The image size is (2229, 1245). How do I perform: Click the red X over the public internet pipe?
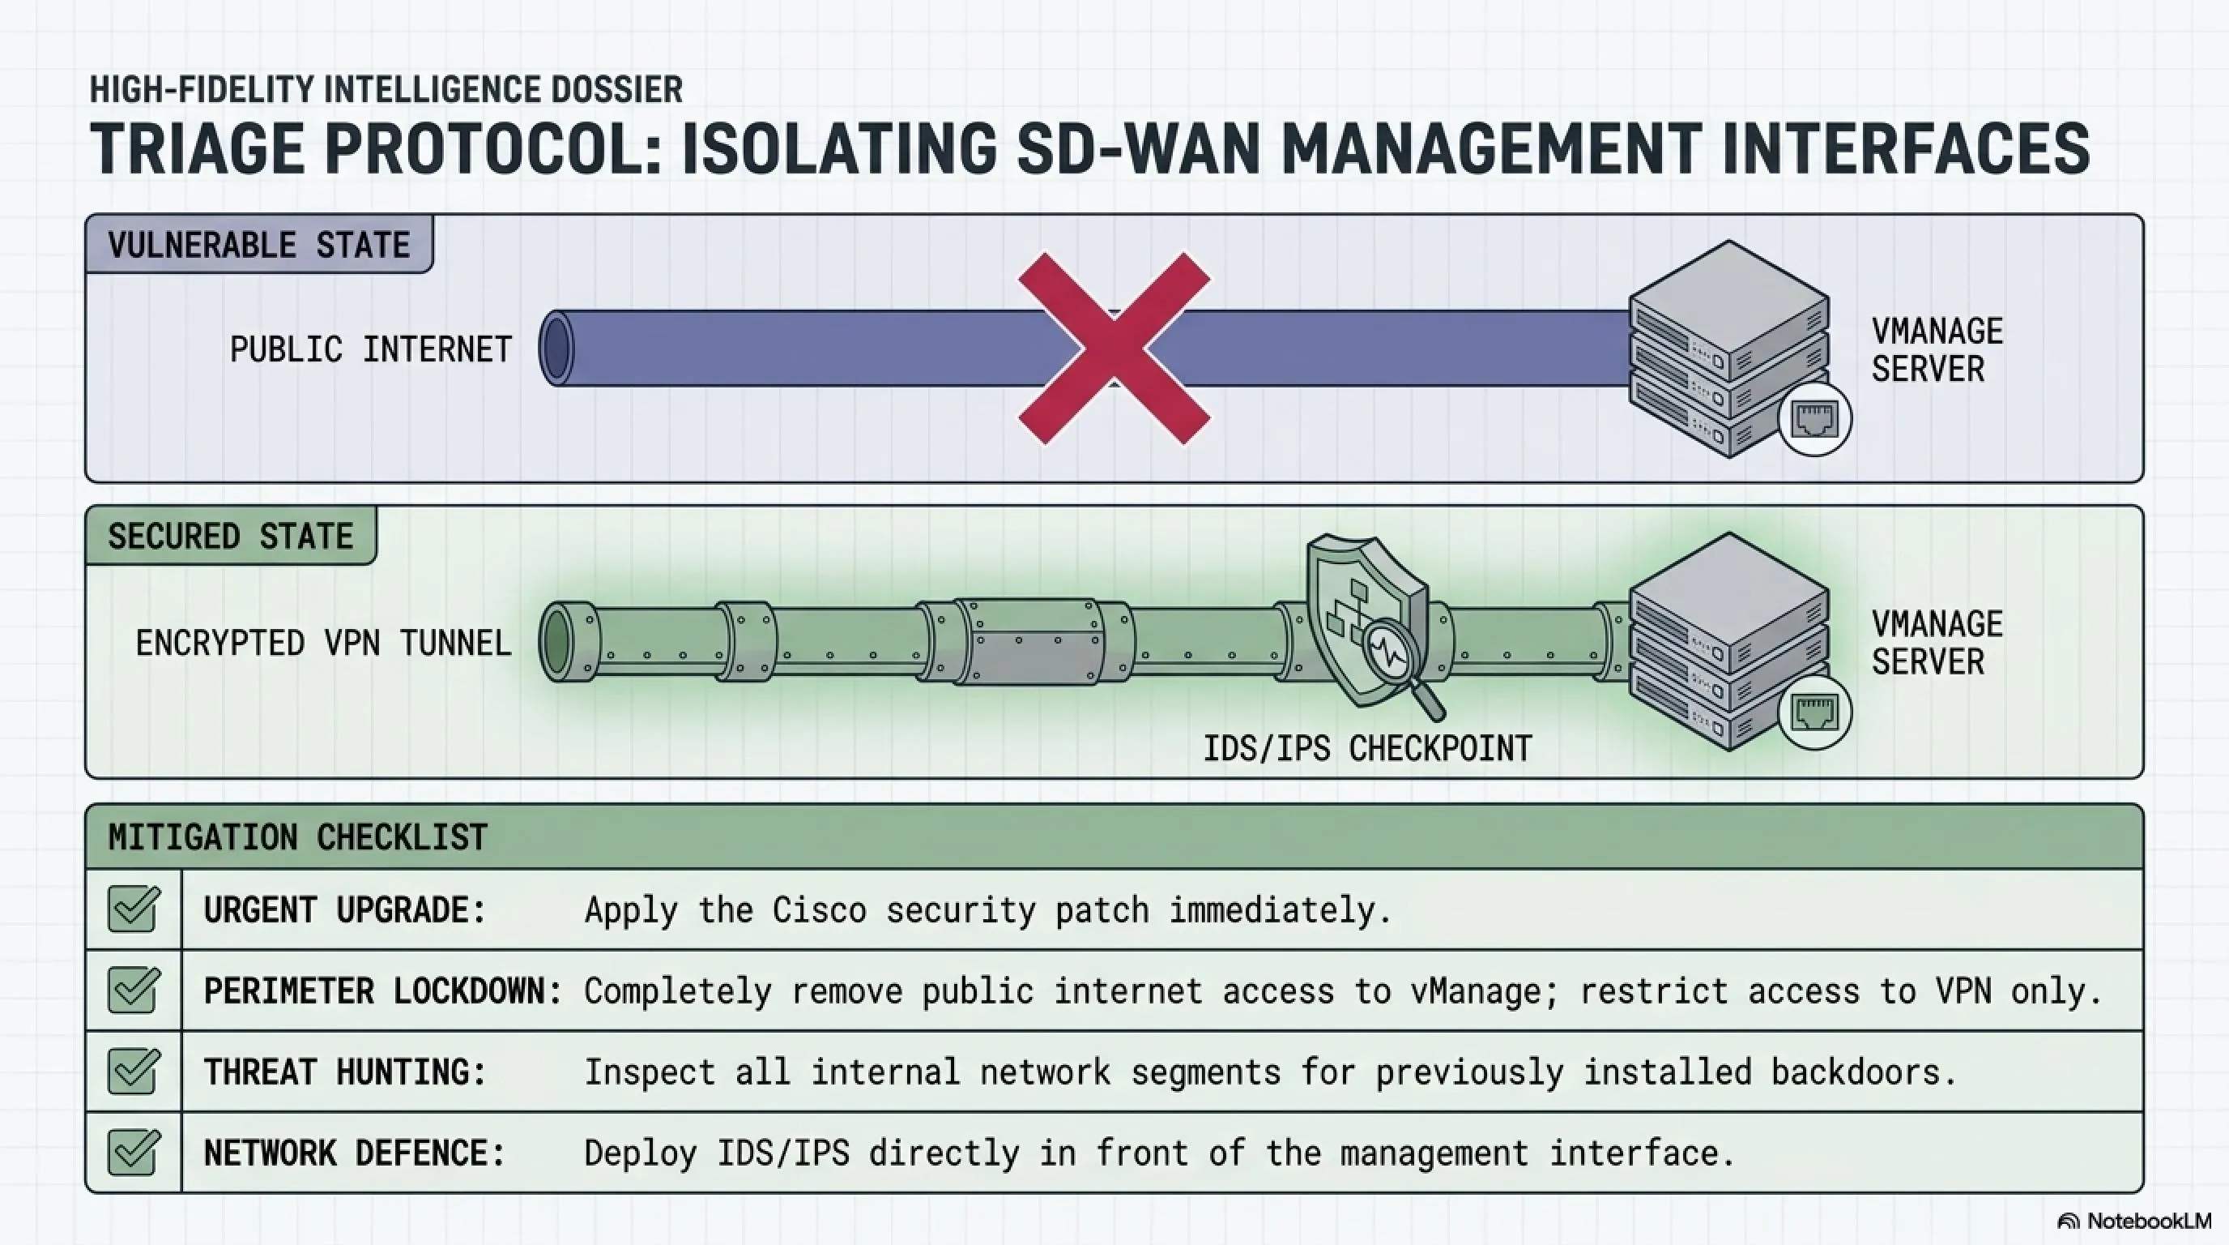pyautogui.click(x=1114, y=348)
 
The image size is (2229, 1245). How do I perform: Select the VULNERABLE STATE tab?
pyautogui.click(x=258, y=245)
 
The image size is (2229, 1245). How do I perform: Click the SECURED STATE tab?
pyautogui.click(x=231, y=537)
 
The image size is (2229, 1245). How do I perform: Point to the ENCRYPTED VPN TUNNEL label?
pyautogui.click(x=324, y=644)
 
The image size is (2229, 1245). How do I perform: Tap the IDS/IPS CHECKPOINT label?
pyautogui.click(x=1367, y=748)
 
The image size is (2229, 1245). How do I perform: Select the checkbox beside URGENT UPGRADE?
pyautogui.click(x=134, y=909)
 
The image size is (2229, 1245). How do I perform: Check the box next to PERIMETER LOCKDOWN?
pyautogui.click(x=134, y=990)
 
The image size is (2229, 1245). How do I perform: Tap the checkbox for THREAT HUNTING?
pyautogui.click(x=134, y=1071)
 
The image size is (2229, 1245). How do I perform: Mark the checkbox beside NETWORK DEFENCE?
pyautogui.click(x=134, y=1153)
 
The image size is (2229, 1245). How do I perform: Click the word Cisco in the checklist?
pyautogui.click(x=819, y=910)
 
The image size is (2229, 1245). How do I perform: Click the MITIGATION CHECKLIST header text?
pyautogui.click(x=298, y=837)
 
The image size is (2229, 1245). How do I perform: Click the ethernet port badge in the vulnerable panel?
pyautogui.click(x=1814, y=420)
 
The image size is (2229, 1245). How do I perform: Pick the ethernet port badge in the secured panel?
pyautogui.click(x=1814, y=712)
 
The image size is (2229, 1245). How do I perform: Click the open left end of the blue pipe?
pyautogui.click(x=556, y=348)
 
